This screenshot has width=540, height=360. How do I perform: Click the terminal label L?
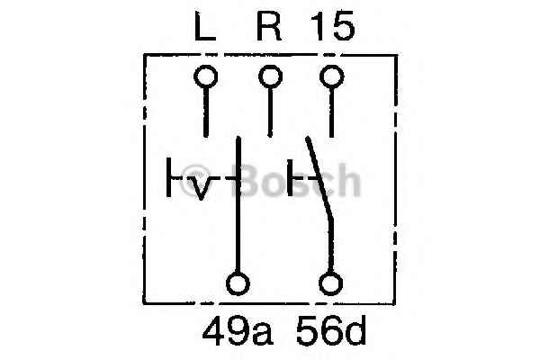click(205, 26)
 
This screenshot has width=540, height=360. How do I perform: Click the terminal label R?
click(269, 26)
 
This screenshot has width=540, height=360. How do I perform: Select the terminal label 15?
click(332, 26)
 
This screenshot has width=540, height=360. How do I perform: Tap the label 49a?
click(238, 331)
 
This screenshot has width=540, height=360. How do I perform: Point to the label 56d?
click(331, 331)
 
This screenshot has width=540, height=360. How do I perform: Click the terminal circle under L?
click(205, 76)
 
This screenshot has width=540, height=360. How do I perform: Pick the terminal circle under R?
click(270, 76)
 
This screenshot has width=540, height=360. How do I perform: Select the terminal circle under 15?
click(331, 76)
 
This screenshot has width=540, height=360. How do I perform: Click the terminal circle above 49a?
click(238, 283)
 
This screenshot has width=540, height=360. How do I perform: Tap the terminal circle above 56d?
click(331, 283)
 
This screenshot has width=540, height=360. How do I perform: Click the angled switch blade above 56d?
click(319, 177)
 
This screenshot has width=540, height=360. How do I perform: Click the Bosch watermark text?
click(297, 180)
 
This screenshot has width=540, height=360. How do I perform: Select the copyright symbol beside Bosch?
click(195, 180)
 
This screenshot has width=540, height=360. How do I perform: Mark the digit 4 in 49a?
click(214, 331)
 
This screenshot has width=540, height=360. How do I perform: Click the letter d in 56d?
click(354, 331)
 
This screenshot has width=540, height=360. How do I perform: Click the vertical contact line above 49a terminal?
click(238, 204)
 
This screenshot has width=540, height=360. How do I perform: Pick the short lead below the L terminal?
click(206, 112)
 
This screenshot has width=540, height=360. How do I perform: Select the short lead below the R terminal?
click(270, 112)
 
